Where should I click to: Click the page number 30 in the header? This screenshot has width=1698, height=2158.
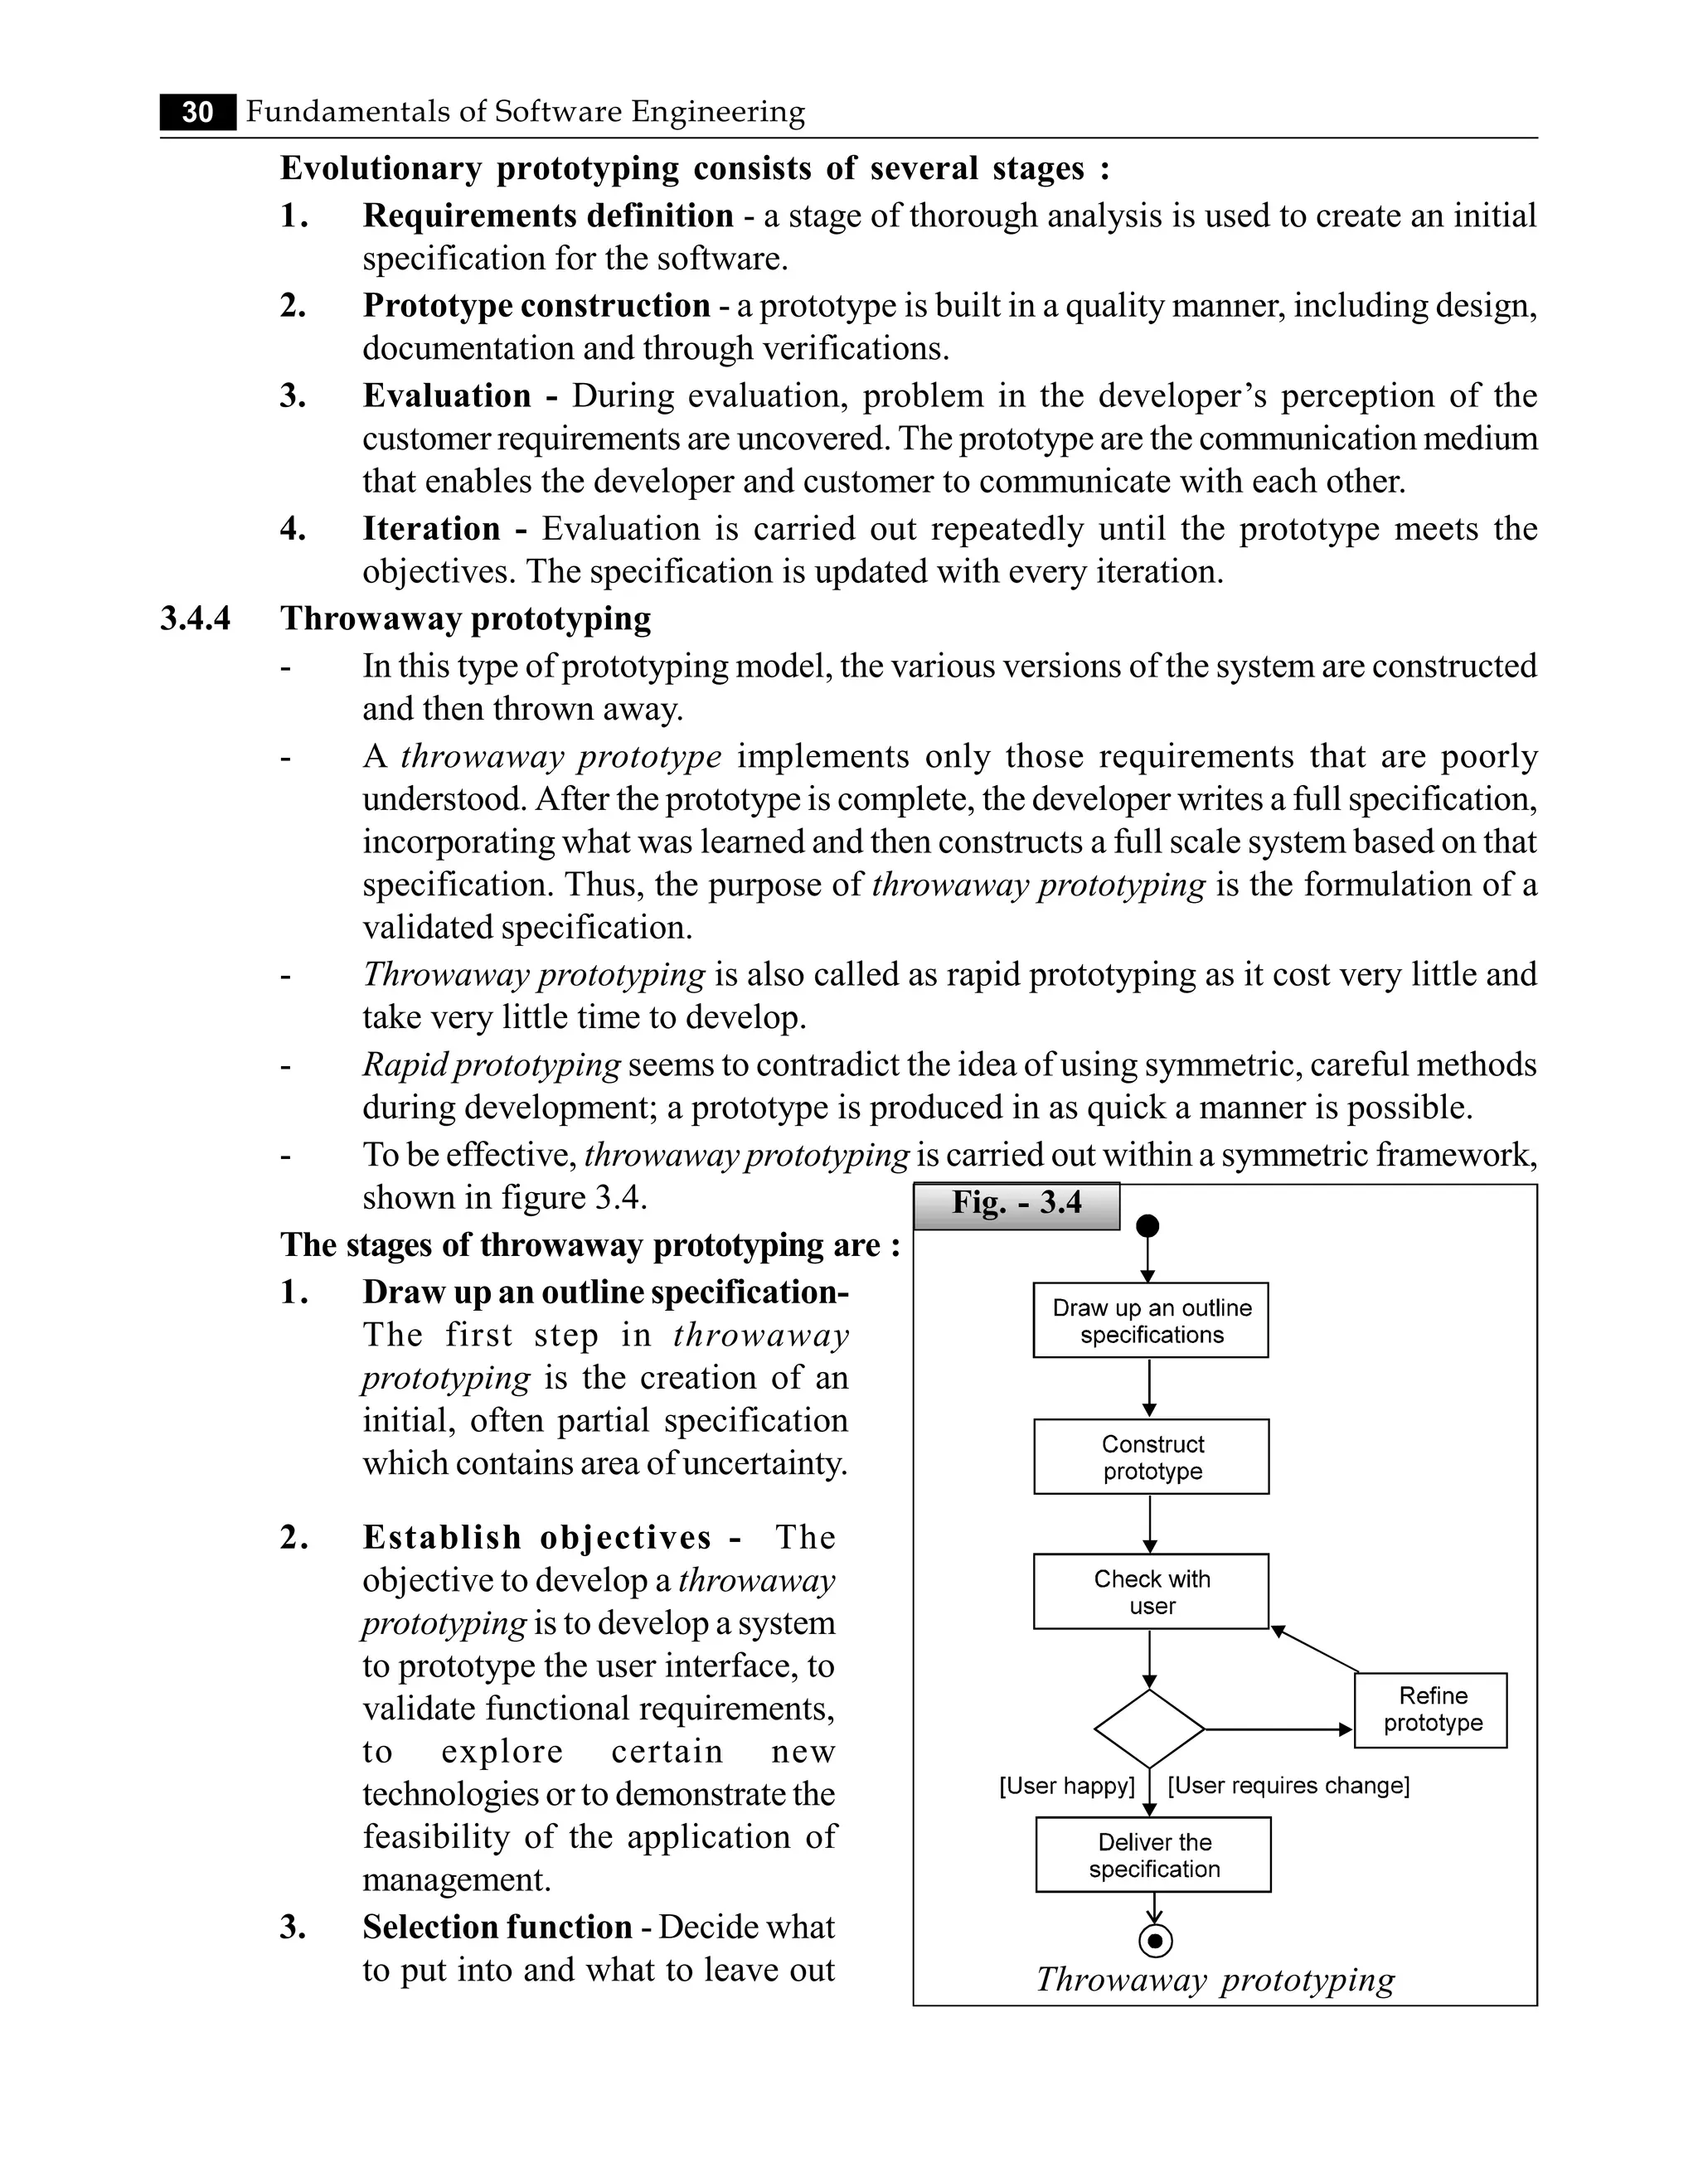click(x=198, y=112)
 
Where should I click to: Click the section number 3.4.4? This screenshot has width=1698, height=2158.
click(x=195, y=618)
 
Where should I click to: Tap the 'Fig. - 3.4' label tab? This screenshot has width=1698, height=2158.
click(x=1016, y=1204)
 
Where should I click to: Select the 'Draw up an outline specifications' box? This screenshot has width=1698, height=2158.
click(x=1150, y=1321)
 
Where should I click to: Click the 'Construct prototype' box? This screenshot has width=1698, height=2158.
click(x=1152, y=1457)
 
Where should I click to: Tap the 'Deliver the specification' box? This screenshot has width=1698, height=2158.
click(x=1153, y=1855)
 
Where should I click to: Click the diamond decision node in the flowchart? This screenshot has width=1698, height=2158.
click(x=1149, y=1729)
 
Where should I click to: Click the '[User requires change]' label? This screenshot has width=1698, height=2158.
click(x=1288, y=1787)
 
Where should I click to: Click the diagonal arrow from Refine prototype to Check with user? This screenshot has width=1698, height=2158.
click(x=1314, y=1649)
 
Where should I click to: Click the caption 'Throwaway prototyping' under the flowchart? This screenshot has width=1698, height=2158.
click(x=1215, y=1979)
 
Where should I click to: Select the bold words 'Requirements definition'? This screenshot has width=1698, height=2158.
click(x=548, y=216)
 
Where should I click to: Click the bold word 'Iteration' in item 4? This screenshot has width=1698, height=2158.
click(x=431, y=529)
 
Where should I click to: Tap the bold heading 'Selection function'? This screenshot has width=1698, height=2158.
click(x=497, y=1927)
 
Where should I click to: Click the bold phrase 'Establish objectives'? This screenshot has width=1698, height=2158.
click(x=536, y=1538)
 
